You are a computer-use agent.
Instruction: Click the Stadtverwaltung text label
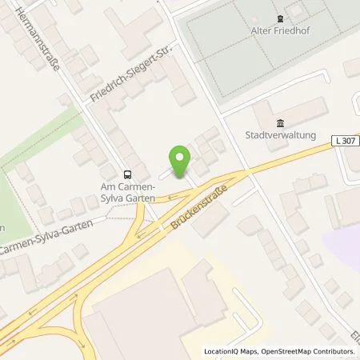tap(281, 136)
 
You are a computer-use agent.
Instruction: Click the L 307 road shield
tap(344, 141)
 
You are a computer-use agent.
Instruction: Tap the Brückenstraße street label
tap(198, 207)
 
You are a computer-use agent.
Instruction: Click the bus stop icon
tap(126, 174)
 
